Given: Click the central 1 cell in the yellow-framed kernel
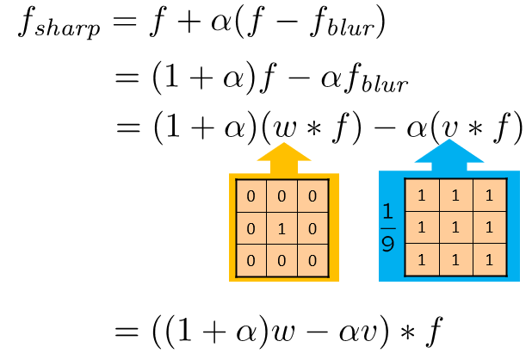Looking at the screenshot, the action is point(283,228).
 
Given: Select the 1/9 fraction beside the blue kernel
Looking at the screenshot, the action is point(389,227).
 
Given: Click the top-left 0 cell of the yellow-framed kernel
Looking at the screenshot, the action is point(251,196).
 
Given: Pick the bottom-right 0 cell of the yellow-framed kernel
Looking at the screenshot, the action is point(313,260).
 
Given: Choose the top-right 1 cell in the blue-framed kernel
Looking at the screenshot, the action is point(488,196).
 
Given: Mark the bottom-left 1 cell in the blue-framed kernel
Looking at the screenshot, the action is point(421,259).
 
